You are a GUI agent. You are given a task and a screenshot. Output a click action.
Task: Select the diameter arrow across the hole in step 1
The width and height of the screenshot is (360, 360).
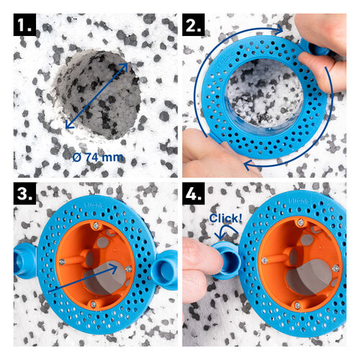pos(96,96)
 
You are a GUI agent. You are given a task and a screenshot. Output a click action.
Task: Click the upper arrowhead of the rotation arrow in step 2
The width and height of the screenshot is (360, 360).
pos(277,30)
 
